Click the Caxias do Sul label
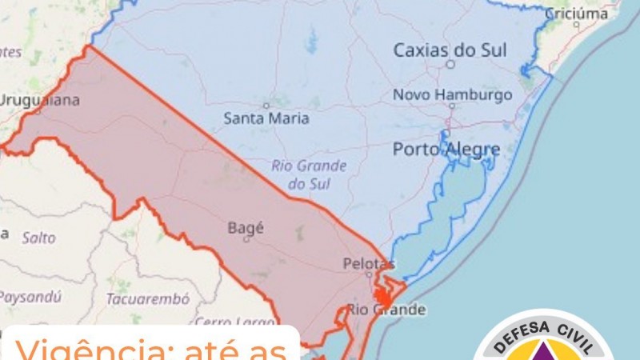point(450,50)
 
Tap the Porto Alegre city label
point(446,149)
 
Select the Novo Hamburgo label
point(452,95)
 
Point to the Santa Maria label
point(266,118)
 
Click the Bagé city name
point(246,227)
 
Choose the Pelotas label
point(368,263)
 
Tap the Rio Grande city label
point(386,310)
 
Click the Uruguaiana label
point(40,100)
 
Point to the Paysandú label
point(30,297)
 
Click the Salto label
point(38,238)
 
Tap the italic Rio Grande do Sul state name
point(309,175)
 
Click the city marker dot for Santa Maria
point(266,105)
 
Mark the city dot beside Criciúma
point(576,25)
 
